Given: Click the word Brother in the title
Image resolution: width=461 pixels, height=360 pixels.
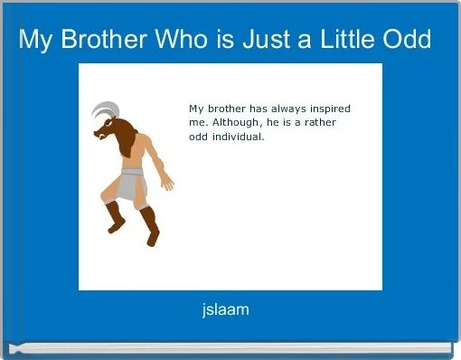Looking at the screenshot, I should (94, 41).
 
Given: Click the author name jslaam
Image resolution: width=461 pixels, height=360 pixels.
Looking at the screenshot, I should (226, 310).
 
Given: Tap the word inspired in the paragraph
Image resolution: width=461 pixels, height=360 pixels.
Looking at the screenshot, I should (325, 109).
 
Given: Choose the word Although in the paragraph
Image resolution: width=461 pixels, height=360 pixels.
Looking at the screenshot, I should (231, 123).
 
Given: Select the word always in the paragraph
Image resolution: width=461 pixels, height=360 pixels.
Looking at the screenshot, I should (277, 109).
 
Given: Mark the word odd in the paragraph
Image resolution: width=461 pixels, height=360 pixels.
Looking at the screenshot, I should (199, 137).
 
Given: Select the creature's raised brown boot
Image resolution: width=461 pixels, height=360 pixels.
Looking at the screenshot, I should (113, 217).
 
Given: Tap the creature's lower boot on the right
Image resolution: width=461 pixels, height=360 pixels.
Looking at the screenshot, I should (150, 227).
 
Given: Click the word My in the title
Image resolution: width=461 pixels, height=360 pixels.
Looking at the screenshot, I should (33, 41).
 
